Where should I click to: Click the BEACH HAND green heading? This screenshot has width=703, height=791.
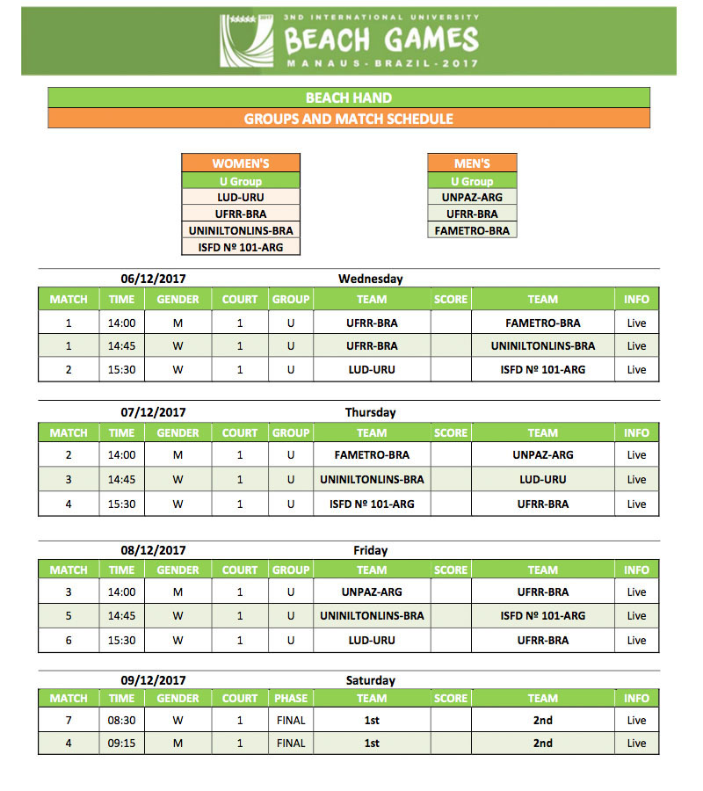(x=349, y=98)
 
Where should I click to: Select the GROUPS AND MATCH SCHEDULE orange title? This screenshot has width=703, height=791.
(x=349, y=119)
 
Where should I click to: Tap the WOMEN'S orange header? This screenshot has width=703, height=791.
(x=241, y=163)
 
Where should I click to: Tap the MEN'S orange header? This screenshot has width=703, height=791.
(x=472, y=163)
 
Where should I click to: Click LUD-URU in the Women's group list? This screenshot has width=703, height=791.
(x=241, y=198)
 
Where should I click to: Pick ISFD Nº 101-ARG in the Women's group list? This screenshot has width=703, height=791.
(x=241, y=247)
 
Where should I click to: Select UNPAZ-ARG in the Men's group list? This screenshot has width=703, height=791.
(x=472, y=198)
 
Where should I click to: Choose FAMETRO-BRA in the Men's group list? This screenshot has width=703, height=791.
(x=472, y=231)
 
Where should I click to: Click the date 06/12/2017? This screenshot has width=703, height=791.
(x=154, y=279)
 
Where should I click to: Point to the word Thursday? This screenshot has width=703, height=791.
(x=370, y=412)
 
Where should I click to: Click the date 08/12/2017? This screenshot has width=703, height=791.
(x=154, y=550)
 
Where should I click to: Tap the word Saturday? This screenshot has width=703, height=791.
(x=370, y=680)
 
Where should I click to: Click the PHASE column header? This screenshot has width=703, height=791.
(x=291, y=699)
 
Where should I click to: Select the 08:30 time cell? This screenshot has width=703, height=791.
(x=121, y=721)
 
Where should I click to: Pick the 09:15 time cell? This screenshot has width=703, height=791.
(x=121, y=744)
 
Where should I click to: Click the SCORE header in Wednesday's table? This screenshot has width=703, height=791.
(x=451, y=300)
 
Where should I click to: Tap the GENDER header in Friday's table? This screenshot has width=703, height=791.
(x=178, y=570)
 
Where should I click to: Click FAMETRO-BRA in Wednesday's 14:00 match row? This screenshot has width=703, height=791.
(x=543, y=323)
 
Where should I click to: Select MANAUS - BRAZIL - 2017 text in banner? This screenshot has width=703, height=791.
(x=382, y=63)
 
